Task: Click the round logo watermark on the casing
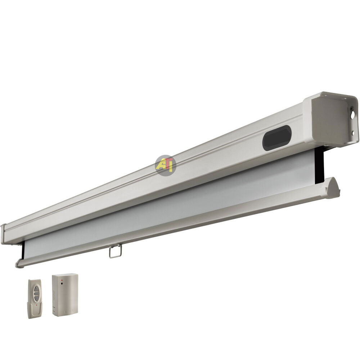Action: coord(165,165)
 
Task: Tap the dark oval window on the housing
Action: coord(276,138)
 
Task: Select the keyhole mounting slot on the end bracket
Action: coord(353,114)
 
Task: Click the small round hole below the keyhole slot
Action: coord(352,133)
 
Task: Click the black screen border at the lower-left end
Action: coord(23,250)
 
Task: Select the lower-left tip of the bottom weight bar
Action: coord(18,265)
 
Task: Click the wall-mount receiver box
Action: coord(65,294)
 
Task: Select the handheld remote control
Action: coord(35,298)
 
